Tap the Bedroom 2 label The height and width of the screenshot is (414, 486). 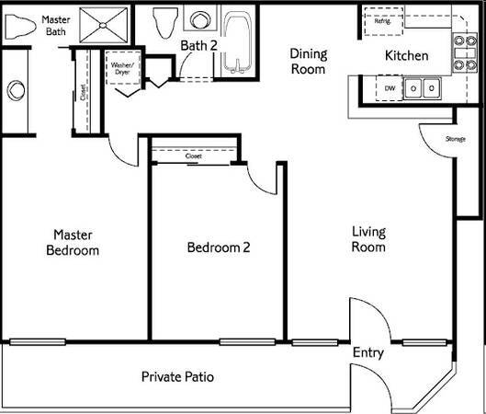pos(219,247)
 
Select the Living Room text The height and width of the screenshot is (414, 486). pos(367,239)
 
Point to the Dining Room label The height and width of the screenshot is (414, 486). pos(308,61)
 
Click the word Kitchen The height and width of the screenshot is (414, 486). pos(406,56)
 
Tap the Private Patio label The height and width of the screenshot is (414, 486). pos(178,377)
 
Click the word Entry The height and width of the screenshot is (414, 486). pos(367,353)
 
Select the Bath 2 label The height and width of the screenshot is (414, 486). pos(199,45)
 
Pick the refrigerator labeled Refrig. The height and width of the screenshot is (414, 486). pos(382,20)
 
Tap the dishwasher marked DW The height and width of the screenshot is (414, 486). pos(390,88)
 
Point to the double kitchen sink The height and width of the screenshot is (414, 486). pos(424,88)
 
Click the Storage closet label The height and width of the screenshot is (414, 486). pos(455,139)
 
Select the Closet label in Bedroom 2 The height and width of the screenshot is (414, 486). pos(193,156)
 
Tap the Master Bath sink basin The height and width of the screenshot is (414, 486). pos(16,90)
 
